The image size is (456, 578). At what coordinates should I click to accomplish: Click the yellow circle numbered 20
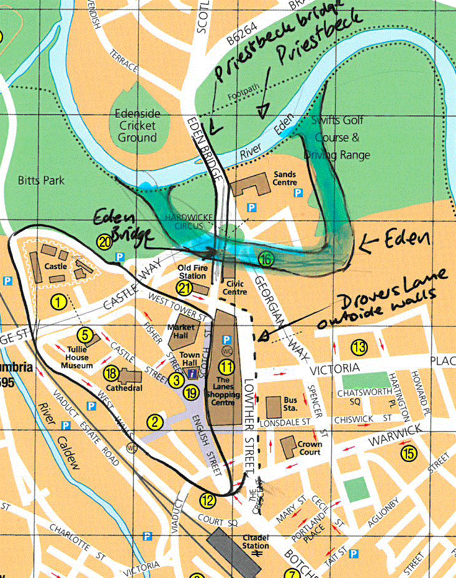click(x=104, y=242)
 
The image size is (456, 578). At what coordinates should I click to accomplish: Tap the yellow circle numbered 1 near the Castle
click(x=58, y=302)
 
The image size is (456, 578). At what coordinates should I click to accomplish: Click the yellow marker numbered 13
click(x=359, y=346)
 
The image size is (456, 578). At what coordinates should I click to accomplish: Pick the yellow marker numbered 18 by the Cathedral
click(x=111, y=373)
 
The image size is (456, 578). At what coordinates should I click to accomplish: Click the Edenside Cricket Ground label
click(x=138, y=126)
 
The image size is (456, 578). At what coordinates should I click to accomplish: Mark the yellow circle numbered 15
click(x=408, y=454)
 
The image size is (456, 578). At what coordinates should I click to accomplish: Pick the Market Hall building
click(x=179, y=335)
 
